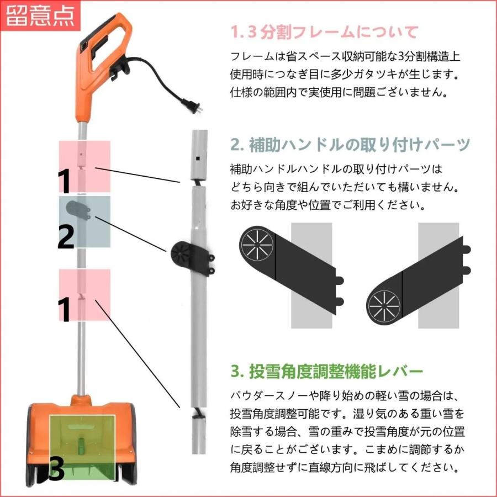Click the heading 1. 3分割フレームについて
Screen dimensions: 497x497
324,31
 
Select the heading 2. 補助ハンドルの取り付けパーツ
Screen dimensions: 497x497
350,145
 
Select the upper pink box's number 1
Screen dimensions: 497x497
65,180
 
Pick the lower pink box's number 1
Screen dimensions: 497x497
65,309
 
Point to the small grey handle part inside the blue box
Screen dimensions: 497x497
78,210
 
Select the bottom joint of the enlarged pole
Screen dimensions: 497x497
197,415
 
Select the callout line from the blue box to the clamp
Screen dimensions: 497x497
132,235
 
